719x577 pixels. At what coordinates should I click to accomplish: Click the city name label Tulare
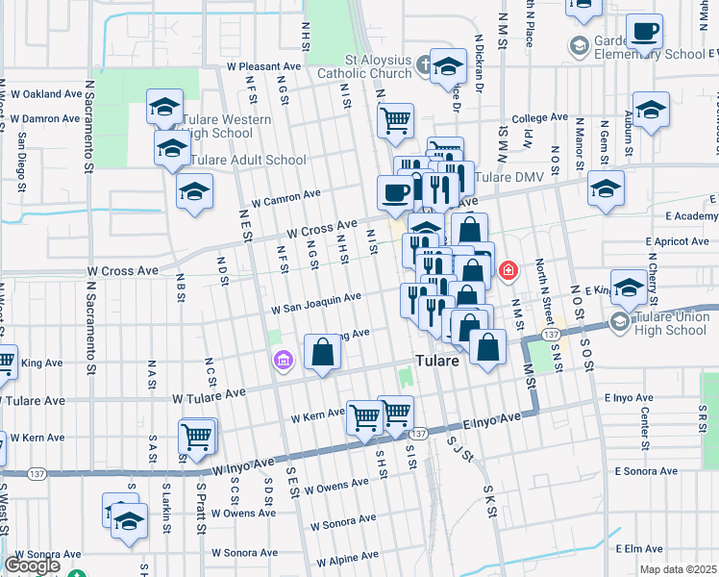(x=440, y=362)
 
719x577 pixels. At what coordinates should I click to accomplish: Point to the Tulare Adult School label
(x=248, y=160)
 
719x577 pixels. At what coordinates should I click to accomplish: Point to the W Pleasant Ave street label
(x=263, y=67)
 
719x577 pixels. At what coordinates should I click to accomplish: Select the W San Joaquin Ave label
(x=315, y=304)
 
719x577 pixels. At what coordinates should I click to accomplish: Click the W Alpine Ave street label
(x=344, y=558)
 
